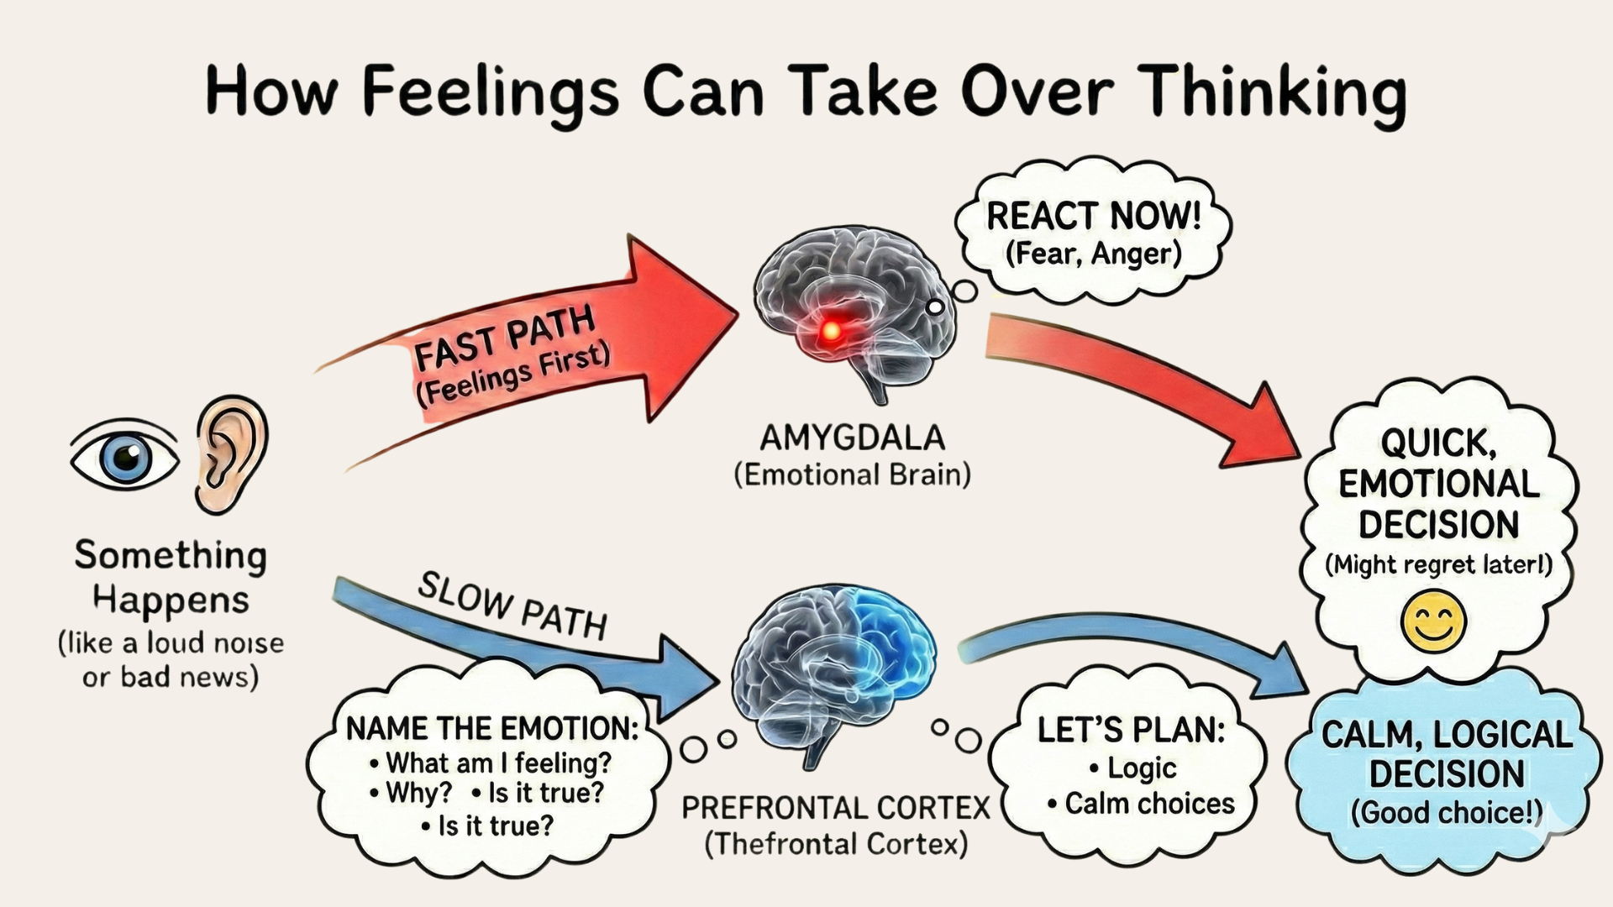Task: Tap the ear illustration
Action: point(230,453)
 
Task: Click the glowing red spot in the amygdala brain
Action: point(830,331)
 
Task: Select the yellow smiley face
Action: point(1434,622)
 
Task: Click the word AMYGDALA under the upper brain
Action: point(852,438)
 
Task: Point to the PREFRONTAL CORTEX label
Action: point(836,808)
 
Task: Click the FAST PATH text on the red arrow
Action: point(505,338)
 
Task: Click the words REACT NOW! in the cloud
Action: point(1093,216)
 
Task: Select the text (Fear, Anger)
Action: point(1093,254)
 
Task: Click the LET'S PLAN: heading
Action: point(1131,730)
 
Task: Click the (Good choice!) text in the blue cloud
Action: point(1446,812)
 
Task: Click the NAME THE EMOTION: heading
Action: point(492,728)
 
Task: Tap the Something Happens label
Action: point(171,577)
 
